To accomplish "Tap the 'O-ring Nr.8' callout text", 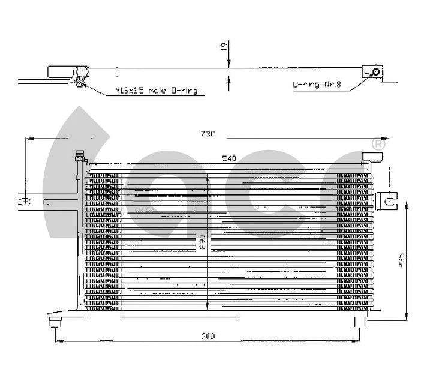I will (x=317, y=86).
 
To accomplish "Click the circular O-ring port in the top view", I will (x=375, y=73).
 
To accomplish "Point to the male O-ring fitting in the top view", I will (x=80, y=77).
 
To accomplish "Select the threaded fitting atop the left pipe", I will (x=78, y=157).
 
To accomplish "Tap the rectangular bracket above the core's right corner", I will (x=372, y=157).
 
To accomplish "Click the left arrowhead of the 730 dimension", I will (x=29, y=139).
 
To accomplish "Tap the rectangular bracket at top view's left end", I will (x=60, y=72).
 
